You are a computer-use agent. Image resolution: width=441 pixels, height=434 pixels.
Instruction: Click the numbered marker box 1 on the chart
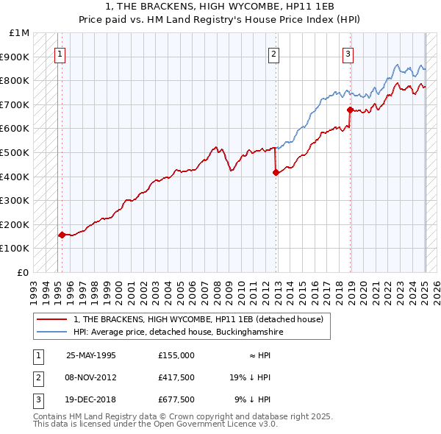click(x=59, y=53)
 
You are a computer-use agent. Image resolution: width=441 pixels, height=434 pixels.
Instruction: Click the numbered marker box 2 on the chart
click(x=273, y=53)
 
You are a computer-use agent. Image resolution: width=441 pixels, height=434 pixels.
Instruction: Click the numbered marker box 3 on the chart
click(x=347, y=53)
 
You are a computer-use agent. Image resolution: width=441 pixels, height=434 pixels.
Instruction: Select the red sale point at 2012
click(x=276, y=173)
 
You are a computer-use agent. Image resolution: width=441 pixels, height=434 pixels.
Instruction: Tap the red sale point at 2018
click(x=350, y=110)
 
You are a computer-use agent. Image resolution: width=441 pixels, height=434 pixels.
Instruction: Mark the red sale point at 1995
click(x=62, y=235)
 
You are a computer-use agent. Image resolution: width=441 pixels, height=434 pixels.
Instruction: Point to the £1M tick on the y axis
click(x=20, y=33)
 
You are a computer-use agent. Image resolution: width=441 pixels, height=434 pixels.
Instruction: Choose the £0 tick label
click(x=24, y=272)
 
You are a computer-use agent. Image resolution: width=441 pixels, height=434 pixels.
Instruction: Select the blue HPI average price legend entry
click(x=178, y=332)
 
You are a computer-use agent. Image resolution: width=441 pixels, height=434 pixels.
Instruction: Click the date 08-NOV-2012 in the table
click(x=91, y=377)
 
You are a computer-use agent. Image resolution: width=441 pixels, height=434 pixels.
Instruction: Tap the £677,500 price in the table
click(x=176, y=399)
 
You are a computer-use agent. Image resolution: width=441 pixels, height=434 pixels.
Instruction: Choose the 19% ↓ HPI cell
click(x=250, y=377)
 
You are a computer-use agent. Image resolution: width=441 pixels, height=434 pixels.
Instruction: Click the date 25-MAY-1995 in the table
click(x=90, y=355)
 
